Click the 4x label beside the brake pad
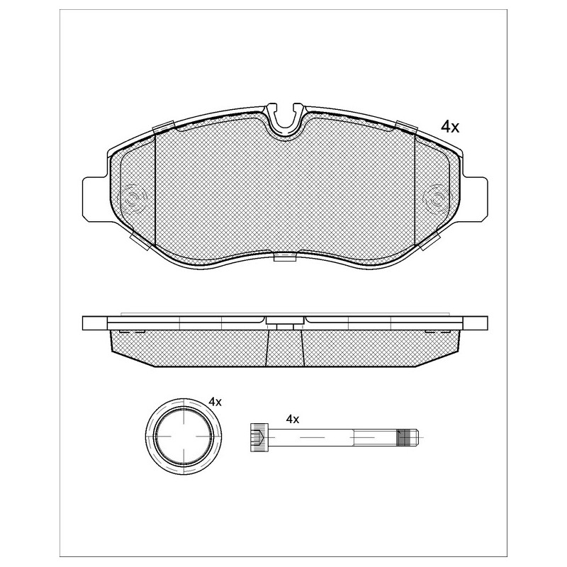450,127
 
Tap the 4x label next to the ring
215,401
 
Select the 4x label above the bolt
292,420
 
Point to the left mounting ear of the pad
96,199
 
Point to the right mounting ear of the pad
475,199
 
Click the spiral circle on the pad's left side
132,198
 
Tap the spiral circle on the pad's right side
437,198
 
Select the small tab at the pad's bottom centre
286,257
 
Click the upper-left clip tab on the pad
164,128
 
